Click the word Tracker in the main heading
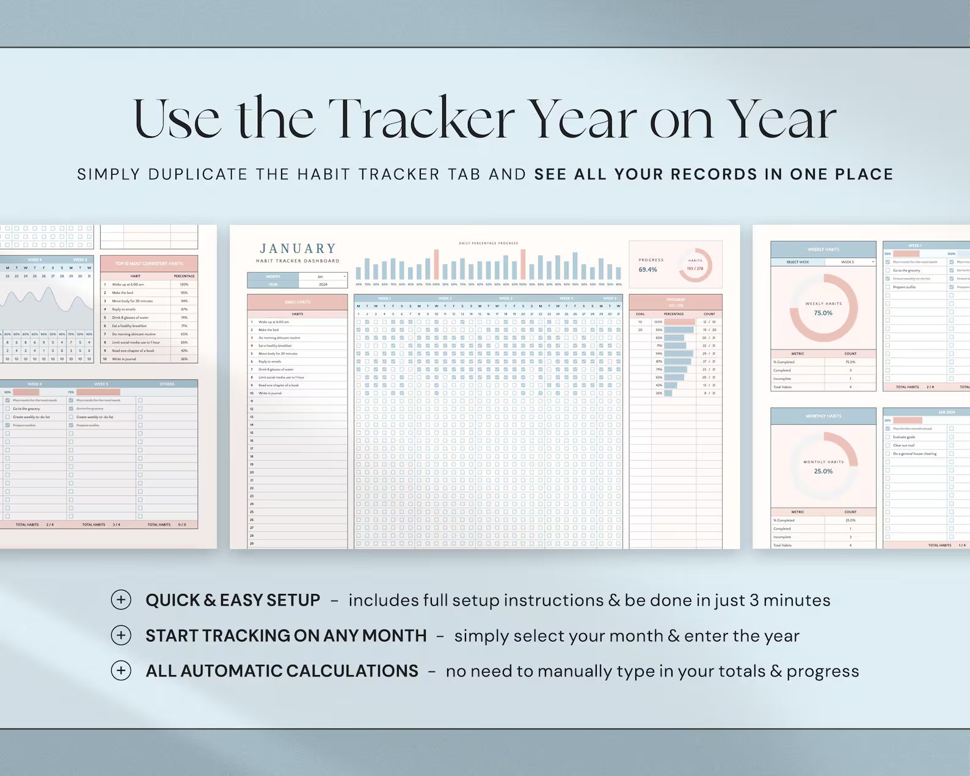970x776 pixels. point(421,119)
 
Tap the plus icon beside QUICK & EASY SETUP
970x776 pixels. point(121,600)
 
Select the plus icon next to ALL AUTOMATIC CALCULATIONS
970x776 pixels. point(121,671)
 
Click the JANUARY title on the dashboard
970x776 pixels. point(298,249)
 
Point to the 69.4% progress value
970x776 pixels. point(648,269)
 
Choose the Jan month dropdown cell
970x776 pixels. point(323,277)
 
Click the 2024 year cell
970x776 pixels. point(323,284)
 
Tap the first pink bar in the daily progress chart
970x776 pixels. point(436,264)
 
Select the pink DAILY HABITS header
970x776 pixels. point(297,302)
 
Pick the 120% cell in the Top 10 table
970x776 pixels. point(184,285)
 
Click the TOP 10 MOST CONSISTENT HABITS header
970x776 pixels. point(149,263)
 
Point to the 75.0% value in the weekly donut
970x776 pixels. point(823,313)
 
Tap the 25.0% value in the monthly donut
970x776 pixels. point(823,471)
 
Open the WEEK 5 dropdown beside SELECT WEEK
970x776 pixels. point(850,262)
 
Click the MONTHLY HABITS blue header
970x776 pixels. point(823,416)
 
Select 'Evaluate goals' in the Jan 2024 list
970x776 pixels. point(904,437)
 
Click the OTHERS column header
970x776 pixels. point(167,384)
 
